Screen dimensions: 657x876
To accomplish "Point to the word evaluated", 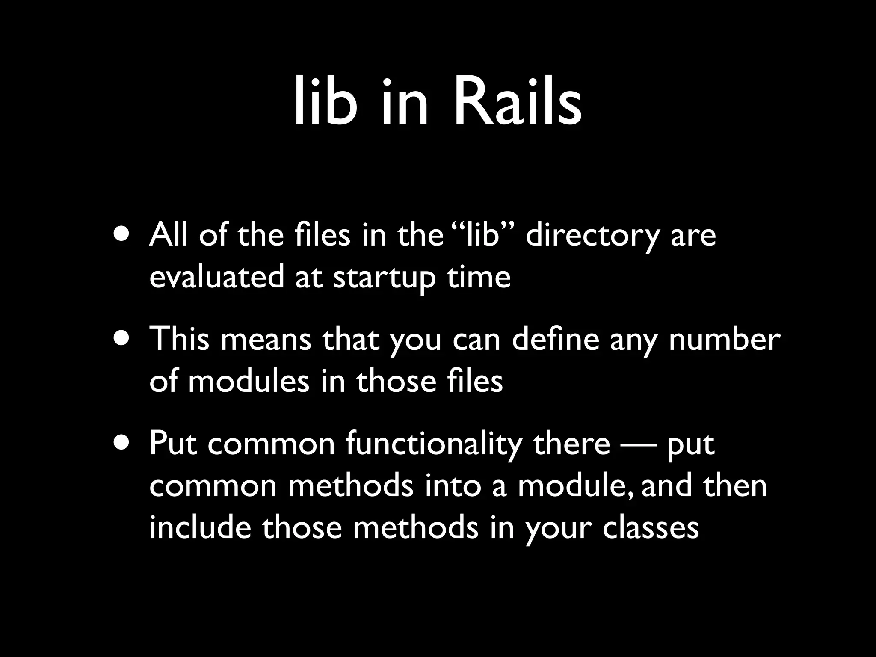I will click(x=216, y=277).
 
